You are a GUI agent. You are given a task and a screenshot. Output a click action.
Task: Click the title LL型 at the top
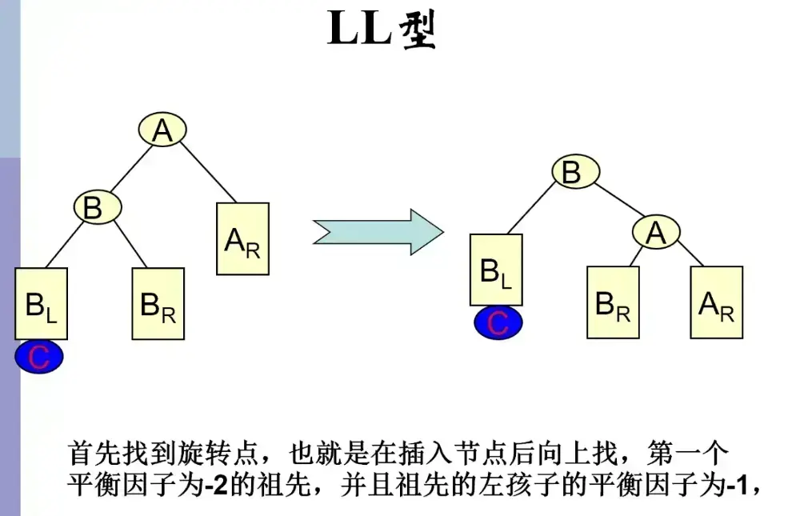pos(382,30)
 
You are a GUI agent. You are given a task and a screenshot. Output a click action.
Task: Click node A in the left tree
pos(162,130)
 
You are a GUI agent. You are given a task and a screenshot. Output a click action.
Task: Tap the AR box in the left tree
pos(242,238)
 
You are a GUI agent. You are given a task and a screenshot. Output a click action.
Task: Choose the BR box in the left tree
pos(158,304)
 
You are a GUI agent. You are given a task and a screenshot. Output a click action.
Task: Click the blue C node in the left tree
pos(39,357)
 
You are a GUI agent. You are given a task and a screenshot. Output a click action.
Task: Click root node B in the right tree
pos(572,172)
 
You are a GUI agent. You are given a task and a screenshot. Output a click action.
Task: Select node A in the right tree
pos(656,232)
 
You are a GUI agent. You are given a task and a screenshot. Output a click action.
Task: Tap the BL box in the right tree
pos(496,270)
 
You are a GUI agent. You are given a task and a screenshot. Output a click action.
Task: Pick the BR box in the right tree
pos(613,302)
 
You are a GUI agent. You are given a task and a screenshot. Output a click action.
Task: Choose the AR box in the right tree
pos(717,302)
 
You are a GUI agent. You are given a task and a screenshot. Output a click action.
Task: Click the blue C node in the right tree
pos(498,322)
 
